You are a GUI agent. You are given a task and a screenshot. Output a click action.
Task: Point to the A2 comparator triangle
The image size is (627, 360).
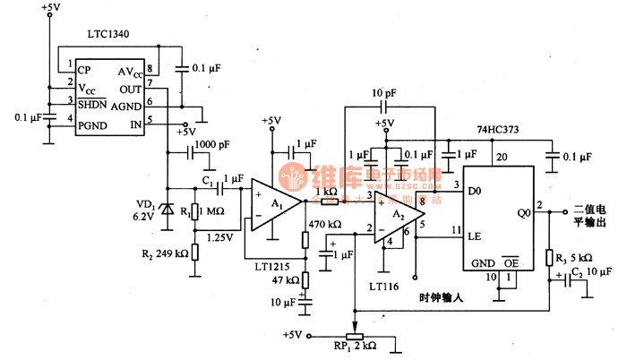click(393, 218)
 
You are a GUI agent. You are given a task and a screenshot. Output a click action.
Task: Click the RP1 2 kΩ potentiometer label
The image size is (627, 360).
click(356, 345)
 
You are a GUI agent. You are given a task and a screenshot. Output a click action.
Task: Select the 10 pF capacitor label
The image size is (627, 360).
click(383, 93)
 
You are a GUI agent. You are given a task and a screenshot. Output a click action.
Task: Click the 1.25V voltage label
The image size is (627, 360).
click(220, 237)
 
